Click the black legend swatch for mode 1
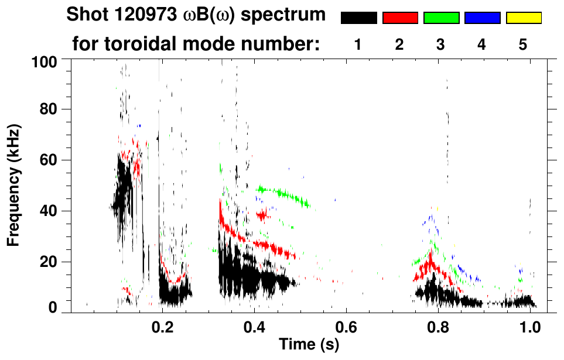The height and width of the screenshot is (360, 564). [x=358, y=18]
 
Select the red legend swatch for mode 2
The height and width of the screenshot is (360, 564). [x=400, y=18]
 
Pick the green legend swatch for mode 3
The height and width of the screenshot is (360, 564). [x=441, y=18]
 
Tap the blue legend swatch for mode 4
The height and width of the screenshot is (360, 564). [x=483, y=18]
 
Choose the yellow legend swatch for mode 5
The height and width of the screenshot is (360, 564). [x=524, y=18]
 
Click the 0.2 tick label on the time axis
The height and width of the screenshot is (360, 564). [x=162, y=327]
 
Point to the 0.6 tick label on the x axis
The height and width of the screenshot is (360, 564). [x=346, y=327]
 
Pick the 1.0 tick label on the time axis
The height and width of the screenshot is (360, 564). [x=530, y=327]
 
